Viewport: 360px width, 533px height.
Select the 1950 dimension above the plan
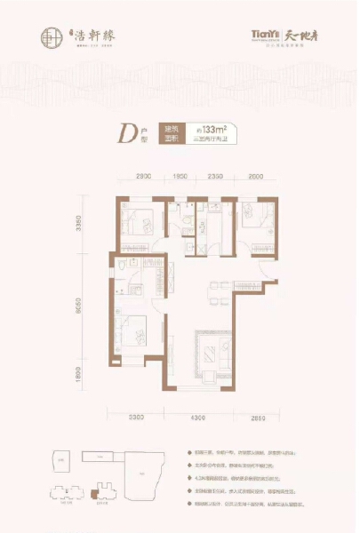[x=180, y=178]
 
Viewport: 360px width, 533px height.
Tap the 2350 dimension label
[x=214, y=178]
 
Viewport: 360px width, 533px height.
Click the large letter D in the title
[x=126, y=135]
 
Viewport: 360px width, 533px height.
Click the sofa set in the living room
[x=210, y=353]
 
